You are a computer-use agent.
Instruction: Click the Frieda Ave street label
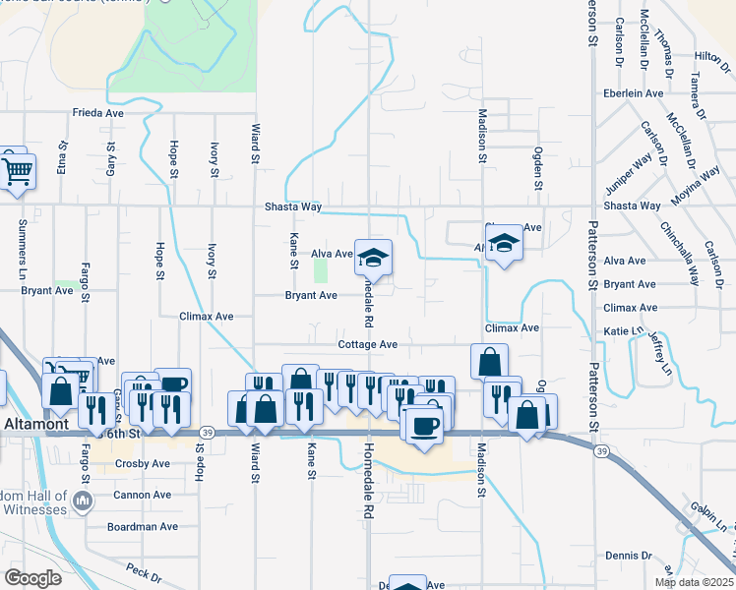pos(97,113)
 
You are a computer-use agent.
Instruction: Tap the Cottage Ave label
pos(367,345)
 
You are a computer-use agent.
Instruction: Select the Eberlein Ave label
pos(634,93)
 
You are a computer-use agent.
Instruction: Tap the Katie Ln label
pos(623,332)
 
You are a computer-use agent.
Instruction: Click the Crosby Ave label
pos(143,463)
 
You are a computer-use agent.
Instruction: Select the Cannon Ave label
pos(144,495)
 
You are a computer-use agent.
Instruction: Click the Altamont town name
pos(35,423)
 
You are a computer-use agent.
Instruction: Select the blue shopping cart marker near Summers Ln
pos(17,172)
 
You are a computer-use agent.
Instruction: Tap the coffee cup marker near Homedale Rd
pos(424,425)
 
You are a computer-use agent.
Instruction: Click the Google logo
pos(33,578)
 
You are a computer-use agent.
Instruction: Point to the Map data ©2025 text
pos(694,582)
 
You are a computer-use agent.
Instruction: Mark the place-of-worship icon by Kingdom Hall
pos(83,501)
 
